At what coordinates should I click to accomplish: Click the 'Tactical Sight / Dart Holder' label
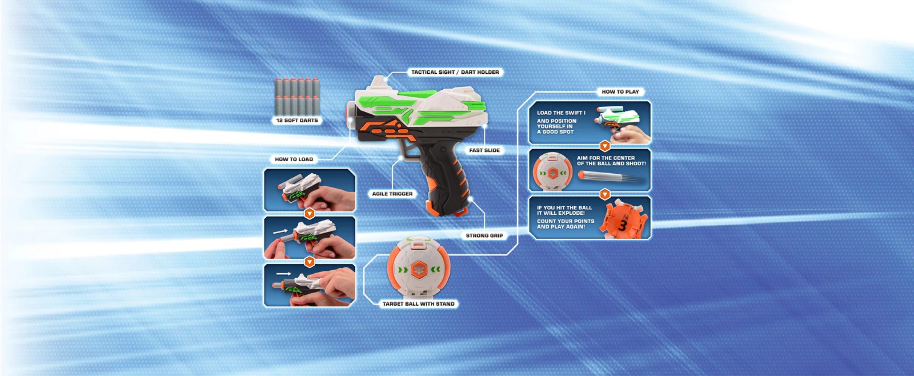[x=455, y=72]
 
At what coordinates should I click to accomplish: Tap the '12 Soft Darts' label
[x=297, y=120]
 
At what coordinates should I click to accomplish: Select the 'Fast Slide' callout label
[x=484, y=150]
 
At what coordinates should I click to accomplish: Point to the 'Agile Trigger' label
[x=392, y=194]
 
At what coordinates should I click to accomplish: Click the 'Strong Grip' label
[x=484, y=236]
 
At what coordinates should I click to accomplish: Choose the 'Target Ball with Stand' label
[x=419, y=304]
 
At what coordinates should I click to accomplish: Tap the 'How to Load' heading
[x=294, y=159]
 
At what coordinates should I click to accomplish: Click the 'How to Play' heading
[x=620, y=92]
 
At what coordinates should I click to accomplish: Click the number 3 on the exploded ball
[x=622, y=226]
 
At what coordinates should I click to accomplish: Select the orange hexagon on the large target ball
[x=419, y=269]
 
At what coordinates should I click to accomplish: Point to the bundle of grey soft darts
[x=297, y=97]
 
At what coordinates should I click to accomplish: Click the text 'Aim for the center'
[x=605, y=158]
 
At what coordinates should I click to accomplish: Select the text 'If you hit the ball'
[x=564, y=208]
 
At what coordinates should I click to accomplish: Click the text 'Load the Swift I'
[x=561, y=113]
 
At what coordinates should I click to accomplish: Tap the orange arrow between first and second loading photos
[x=309, y=214]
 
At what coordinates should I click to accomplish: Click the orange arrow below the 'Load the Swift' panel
[x=605, y=146]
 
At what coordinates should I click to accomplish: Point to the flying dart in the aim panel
[x=611, y=177]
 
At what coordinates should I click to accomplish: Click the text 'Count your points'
[x=566, y=221]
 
